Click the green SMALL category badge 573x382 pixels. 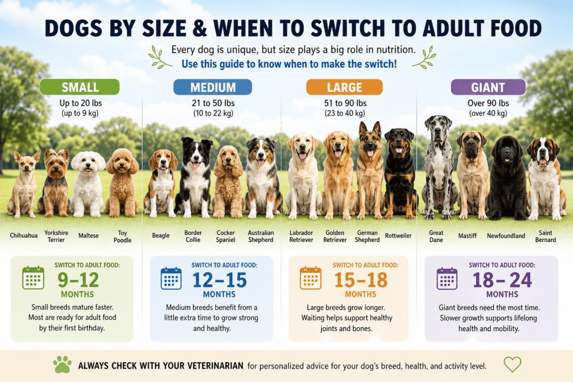(x=79, y=87)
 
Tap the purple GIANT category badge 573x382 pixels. (x=488, y=87)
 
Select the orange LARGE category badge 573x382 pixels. (x=344, y=87)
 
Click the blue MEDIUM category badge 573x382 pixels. (x=213, y=87)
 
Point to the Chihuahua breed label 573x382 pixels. (x=24, y=235)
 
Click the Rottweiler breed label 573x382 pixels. (x=398, y=235)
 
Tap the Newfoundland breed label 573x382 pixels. (x=506, y=236)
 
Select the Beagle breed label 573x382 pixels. (x=161, y=235)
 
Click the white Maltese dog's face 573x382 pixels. (x=88, y=163)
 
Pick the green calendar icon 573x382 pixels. (x=33, y=278)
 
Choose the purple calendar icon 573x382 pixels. (x=447, y=279)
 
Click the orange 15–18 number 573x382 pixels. (x=361, y=280)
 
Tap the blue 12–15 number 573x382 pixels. (x=219, y=280)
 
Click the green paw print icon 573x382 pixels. (x=63, y=365)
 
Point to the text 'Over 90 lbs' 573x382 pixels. (x=488, y=103)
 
